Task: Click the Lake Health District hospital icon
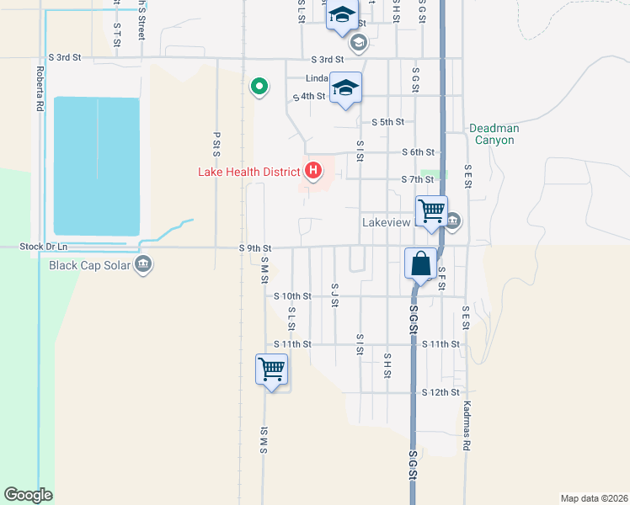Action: [x=313, y=172]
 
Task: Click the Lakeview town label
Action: [x=386, y=223]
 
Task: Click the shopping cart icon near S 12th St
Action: [x=271, y=369]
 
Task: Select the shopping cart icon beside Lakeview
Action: [x=431, y=210]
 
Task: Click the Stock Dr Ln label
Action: [x=43, y=247]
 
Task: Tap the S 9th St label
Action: [x=255, y=248]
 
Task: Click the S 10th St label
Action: [x=293, y=296]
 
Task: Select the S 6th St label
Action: [x=417, y=152]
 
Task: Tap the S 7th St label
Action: [x=417, y=179]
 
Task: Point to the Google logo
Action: [x=29, y=495]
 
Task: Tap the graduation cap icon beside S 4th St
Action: [x=346, y=88]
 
